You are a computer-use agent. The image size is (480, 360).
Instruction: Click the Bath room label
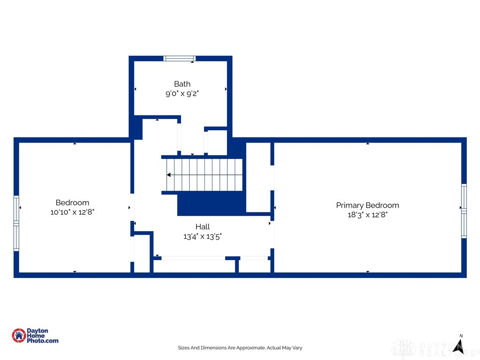click(182, 84)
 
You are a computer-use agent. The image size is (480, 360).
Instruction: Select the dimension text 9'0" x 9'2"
click(182, 93)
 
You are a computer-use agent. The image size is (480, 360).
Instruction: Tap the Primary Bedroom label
click(367, 205)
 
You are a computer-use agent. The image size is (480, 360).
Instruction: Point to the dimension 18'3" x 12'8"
click(367, 215)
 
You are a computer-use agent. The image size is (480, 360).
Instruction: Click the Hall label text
click(202, 227)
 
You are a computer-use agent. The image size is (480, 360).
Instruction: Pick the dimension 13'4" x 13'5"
click(202, 236)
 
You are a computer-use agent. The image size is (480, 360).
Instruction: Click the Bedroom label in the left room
click(72, 202)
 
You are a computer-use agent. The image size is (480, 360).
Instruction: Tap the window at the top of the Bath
click(179, 59)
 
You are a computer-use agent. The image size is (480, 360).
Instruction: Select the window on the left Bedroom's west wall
click(16, 223)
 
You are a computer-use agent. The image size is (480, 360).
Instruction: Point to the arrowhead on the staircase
click(169, 175)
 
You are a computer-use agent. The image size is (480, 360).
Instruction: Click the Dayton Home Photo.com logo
click(35, 336)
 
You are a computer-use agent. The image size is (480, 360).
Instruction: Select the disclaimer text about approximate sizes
click(240, 348)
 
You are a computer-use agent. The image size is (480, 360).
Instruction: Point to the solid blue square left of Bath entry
click(136, 127)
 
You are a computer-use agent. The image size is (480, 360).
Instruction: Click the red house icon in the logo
click(19, 336)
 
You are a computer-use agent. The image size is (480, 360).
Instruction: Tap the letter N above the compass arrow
click(461, 336)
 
